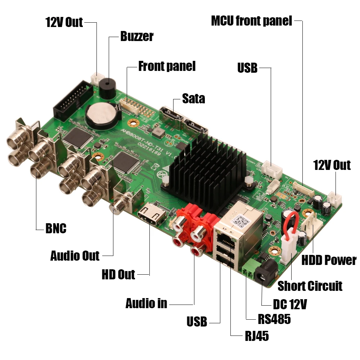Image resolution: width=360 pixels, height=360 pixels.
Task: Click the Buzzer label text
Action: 137,36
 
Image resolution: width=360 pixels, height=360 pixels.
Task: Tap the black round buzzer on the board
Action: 107,87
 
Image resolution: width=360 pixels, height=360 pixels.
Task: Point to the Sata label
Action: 193,98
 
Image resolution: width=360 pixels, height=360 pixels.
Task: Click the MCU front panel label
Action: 251,21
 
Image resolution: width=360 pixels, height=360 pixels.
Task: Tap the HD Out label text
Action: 118,275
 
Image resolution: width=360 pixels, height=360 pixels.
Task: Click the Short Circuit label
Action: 310,286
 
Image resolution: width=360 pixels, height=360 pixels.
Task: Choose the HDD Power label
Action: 329,260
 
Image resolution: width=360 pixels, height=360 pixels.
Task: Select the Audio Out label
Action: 75,256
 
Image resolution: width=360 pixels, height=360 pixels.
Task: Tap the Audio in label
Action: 146,303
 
